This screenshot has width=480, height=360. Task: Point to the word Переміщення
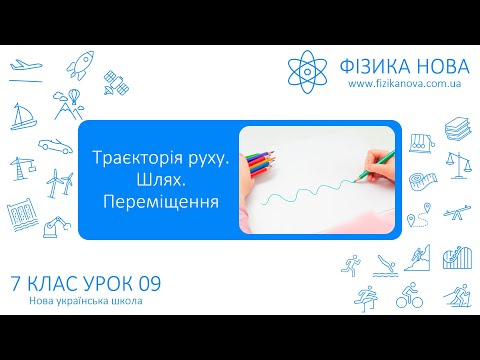pyautogui.click(x=160, y=202)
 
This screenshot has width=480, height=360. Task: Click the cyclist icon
pyautogui.click(x=408, y=296)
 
